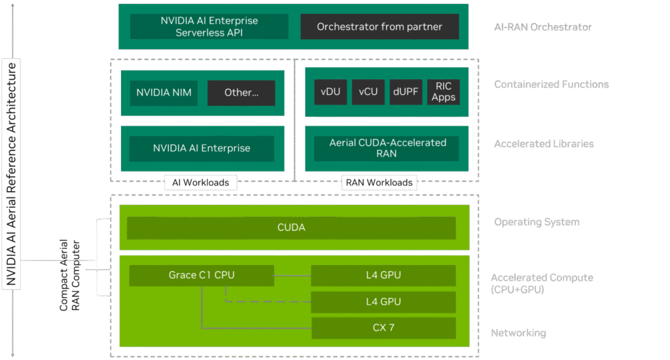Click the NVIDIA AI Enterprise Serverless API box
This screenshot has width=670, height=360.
tap(209, 26)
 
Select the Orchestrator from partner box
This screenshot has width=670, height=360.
tap(379, 27)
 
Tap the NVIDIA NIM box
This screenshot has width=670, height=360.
tap(164, 92)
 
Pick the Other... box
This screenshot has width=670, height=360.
tap(241, 92)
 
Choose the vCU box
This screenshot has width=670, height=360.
tap(368, 92)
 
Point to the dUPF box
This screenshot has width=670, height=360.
tap(406, 92)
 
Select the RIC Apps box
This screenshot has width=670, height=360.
tap(443, 92)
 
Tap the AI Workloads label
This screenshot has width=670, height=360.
tap(200, 182)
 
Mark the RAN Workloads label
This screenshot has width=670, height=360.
tap(379, 182)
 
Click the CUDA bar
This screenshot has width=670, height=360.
tap(291, 228)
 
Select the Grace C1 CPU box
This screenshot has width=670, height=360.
tap(201, 275)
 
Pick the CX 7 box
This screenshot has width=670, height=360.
tap(383, 327)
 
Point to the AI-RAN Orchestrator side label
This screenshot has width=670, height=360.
tap(543, 27)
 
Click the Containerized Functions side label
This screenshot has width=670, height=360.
tap(551, 84)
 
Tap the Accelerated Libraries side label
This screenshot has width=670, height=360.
tap(544, 143)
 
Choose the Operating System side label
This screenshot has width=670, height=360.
tap(537, 222)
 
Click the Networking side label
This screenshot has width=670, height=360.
tap(518, 333)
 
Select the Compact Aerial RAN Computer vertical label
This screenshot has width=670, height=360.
tap(70, 275)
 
